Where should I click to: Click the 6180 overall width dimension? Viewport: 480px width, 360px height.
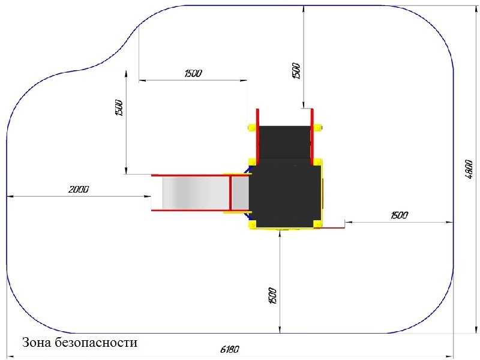click(230, 349)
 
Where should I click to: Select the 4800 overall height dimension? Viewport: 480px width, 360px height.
click(469, 169)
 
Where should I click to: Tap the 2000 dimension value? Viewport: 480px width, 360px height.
click(79, 189)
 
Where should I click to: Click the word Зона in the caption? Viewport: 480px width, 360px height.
click(37, 342)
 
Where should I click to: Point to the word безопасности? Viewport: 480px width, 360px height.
click(96, 342)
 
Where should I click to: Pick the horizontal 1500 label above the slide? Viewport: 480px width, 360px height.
click(193, 73)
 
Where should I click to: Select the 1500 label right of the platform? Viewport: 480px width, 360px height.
click(399, 215)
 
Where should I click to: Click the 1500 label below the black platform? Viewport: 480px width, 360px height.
click(272, 296)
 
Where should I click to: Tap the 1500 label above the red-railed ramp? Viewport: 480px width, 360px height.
click(296, 71)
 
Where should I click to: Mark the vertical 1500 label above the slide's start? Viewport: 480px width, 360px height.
click(119, 108)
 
